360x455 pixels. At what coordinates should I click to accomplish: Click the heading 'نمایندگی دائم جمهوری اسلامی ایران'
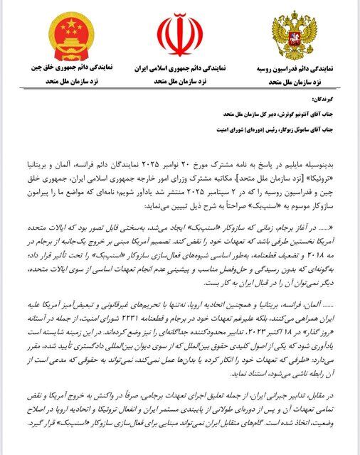(x=180, y=73)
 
